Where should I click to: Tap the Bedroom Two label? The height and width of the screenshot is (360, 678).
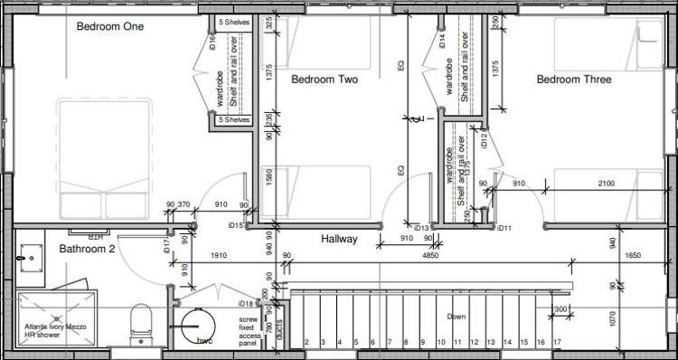click(325, 80)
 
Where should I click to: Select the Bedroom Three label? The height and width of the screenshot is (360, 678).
click(574, 80)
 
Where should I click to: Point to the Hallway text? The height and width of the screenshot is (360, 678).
click(340, 240)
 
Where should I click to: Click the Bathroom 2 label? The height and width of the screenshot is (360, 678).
click(87, 249)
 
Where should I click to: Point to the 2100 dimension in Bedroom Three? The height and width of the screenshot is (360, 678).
click(606, 185)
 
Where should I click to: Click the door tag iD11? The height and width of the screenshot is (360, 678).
click(504, 228)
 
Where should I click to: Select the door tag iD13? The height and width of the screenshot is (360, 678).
click(419, 228)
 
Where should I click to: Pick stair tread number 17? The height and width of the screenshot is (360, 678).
click(557, 342)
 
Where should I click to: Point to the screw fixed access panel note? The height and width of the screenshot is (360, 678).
click(249, 332)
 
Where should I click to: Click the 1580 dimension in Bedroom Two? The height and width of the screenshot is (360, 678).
click(268, 176)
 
